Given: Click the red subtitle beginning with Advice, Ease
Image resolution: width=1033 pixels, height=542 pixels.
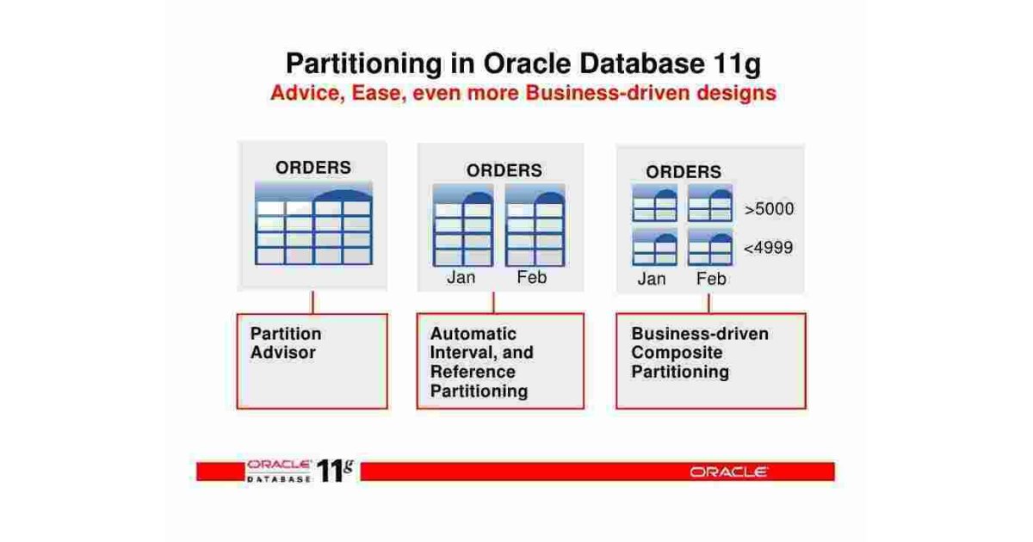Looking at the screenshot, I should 523,93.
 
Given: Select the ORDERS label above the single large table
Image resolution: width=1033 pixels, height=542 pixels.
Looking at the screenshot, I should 312,168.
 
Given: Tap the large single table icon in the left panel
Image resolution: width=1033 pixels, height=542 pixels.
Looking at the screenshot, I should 313,225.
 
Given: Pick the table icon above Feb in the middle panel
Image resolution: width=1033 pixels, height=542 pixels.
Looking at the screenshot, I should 535,225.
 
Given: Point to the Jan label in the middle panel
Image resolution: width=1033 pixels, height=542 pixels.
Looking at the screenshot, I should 461,278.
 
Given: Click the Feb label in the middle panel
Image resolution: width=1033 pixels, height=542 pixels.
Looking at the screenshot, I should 532,278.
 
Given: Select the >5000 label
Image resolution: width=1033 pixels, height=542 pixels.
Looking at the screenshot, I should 769,209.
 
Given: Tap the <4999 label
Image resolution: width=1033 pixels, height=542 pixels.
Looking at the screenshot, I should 768,249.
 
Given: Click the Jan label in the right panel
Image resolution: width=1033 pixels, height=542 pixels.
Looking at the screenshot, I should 652,279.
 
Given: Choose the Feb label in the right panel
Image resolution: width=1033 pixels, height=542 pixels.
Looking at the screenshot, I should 711,279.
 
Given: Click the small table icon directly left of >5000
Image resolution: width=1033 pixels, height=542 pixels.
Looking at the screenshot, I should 710,204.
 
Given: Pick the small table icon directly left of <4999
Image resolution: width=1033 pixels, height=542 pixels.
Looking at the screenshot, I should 710,248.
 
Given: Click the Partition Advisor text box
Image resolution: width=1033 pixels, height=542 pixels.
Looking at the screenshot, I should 312,360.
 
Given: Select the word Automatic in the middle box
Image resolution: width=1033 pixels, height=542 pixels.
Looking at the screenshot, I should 473,334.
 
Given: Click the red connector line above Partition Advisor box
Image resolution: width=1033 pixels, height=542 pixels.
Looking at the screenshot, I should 312,302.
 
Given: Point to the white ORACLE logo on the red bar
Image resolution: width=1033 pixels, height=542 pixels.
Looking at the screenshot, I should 728,471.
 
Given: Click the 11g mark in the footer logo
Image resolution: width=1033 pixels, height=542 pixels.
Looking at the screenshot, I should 335,470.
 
